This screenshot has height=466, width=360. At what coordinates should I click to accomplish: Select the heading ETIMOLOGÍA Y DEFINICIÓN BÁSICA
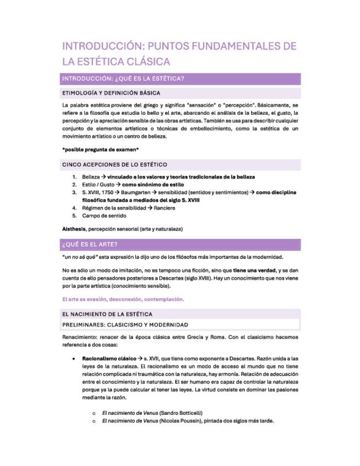111,93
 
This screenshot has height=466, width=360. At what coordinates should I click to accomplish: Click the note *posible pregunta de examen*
100,149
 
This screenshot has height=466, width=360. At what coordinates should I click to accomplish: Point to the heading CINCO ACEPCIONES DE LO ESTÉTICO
114,164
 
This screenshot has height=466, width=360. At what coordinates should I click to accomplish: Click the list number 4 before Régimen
74,208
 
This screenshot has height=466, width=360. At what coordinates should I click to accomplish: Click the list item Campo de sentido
104,216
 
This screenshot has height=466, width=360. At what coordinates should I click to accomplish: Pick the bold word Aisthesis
74,229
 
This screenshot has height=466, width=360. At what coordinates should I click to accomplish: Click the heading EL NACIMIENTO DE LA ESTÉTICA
107,314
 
